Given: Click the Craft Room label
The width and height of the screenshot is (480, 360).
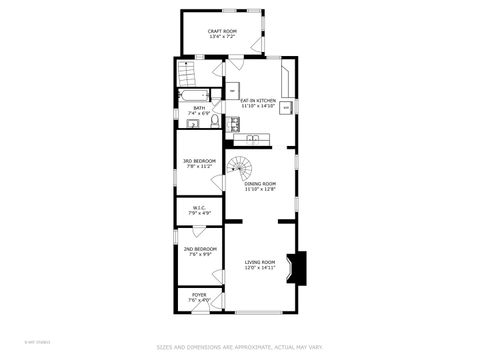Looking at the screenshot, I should coord(221,32).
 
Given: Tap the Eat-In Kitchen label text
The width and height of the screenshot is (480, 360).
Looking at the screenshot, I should coord(258,101).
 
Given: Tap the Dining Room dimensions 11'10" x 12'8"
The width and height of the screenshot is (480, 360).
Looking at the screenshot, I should coord(261,189).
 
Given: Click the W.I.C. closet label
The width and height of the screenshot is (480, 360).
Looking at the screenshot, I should coord(200,208).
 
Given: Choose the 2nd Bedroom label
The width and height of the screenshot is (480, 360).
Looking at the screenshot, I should coord(200,248).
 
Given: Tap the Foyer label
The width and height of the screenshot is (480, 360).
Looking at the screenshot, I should coord(199,294).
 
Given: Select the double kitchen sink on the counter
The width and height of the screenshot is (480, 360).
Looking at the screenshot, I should coord(233,124).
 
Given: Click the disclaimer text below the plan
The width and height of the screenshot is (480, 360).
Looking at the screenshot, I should coord(239,347).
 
